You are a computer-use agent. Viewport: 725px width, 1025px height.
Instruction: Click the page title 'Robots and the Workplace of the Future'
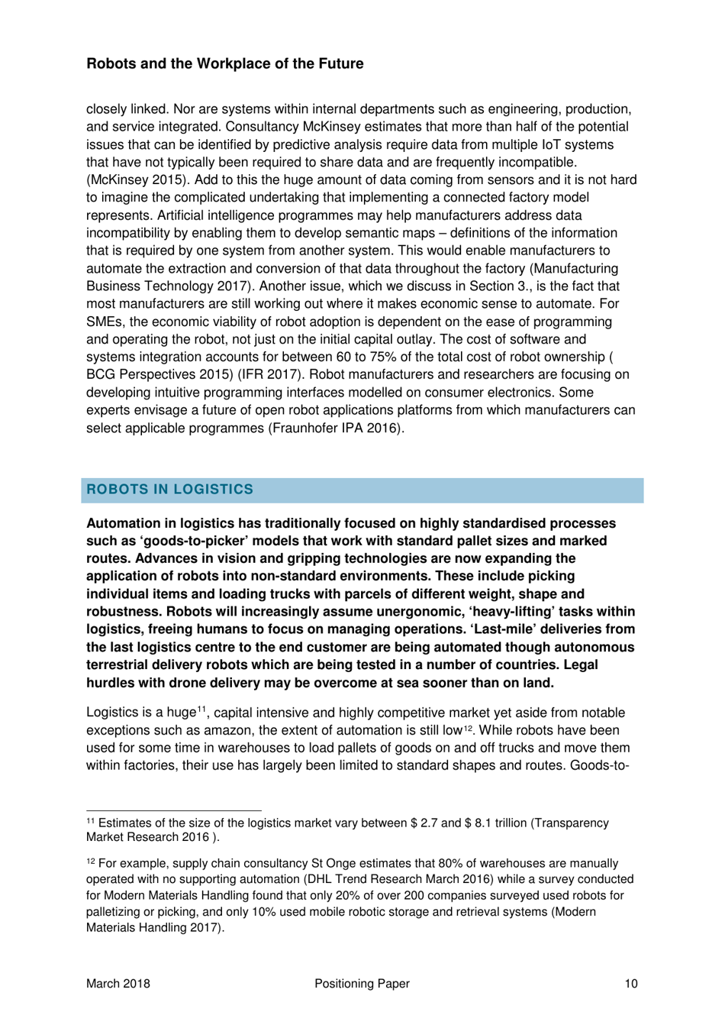[224, 64]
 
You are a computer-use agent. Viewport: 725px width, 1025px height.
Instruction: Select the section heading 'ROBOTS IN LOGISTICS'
[169, 490]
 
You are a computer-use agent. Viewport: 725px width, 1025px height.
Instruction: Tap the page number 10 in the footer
[630, 984]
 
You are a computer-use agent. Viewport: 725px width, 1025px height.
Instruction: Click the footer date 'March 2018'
[118, 984]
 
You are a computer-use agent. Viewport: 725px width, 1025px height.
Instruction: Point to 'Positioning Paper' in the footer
[362, 984]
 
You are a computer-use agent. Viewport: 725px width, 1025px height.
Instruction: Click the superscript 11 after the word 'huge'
[203, 710]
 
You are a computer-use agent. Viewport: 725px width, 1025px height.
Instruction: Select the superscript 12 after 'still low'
[458, 728]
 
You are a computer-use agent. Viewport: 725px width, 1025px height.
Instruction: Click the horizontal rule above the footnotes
[173, 810]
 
